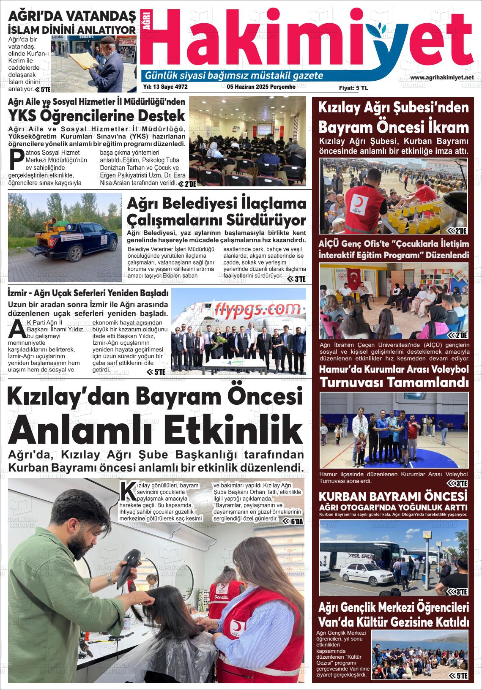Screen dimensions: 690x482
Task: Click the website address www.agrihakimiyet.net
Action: point(442,77)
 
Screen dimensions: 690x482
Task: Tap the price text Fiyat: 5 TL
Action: point(353,88)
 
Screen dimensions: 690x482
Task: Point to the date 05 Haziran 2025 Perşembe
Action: point(261,87)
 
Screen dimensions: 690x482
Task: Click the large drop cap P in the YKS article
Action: point(16,159)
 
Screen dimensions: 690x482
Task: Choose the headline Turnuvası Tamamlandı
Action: point(394,382)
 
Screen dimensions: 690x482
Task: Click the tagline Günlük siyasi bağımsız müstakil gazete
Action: point(234,76)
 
